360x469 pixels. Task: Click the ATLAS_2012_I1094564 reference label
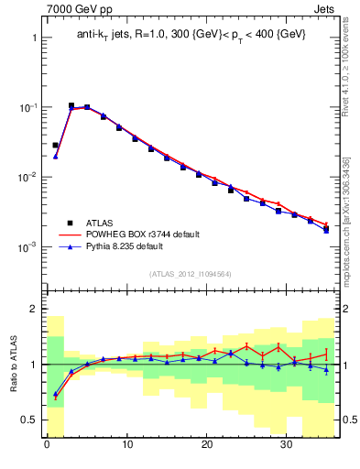coord(190,273)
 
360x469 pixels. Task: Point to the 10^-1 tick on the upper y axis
coord(29,107)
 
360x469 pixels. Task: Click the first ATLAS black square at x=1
coord(55,145)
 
